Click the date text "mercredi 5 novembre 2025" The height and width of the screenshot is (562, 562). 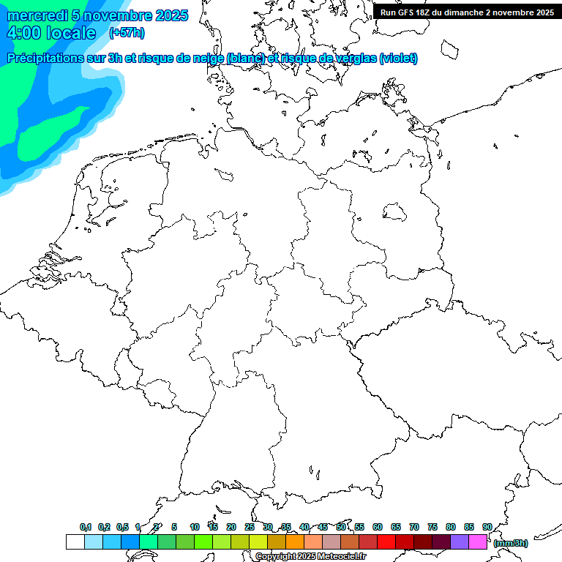(97, 15)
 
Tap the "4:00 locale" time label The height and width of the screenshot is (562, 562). (51, 33)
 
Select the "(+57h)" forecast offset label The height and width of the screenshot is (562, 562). (127, 33)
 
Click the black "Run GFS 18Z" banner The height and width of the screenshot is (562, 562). (467, 12)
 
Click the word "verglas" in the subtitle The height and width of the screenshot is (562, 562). (357, 58)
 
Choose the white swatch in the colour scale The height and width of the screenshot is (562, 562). (75, 542)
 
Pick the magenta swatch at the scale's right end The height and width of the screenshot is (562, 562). (478, 542)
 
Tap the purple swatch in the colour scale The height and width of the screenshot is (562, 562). (460, 542)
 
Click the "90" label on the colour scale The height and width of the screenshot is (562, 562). (487, 527)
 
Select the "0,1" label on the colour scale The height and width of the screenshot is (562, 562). (86, 527)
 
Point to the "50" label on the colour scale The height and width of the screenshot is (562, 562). (341, 527)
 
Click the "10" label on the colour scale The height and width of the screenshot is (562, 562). (195, 527)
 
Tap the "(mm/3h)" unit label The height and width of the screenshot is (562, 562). (511, 543)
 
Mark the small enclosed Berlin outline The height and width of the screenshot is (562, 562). (395, 212)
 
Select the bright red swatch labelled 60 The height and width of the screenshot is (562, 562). (386, 542)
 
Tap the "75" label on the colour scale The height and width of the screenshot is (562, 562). (432, 527)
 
